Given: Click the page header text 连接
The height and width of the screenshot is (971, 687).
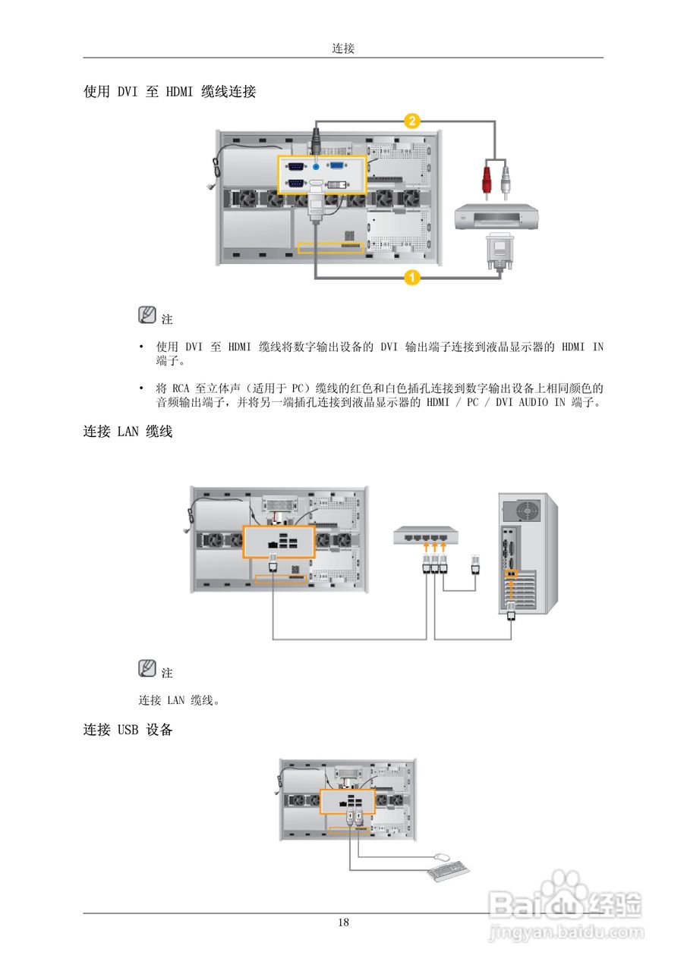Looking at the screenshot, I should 343,49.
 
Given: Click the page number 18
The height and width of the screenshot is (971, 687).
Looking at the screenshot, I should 343,922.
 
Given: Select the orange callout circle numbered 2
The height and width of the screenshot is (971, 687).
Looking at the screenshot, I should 411,120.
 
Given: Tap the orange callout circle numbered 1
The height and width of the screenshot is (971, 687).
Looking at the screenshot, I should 411,278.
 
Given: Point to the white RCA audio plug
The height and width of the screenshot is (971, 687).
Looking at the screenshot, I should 505,181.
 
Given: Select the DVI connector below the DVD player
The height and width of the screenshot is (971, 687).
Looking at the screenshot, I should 497,250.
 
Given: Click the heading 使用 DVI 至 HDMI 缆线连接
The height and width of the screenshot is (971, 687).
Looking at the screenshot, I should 169,92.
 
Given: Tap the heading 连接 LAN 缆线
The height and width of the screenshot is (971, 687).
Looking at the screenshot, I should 128,432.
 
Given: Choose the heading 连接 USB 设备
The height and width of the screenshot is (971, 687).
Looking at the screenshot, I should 128,730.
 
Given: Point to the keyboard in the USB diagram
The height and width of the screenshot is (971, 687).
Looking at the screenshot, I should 447,872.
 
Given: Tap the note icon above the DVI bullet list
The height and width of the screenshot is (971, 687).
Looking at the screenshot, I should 147,315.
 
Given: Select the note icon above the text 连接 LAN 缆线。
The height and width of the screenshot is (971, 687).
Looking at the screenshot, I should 147,668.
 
